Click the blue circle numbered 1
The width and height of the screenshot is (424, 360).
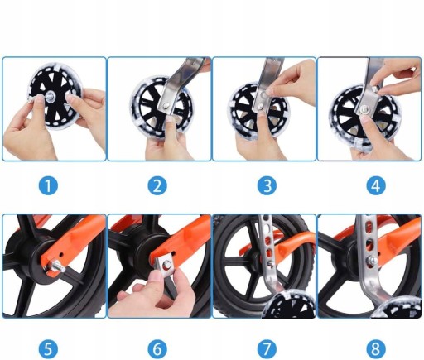(48, 185)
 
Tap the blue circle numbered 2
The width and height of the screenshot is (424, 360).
(157, 185)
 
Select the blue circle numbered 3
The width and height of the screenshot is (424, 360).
(267, 185)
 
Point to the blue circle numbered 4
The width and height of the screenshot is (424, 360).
(376, 185)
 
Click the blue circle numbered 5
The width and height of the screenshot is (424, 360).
(48, 348)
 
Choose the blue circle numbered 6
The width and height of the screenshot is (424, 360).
(157, 348)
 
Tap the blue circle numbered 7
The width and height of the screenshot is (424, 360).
(267, 348)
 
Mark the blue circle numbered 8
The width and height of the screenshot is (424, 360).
(376, 348)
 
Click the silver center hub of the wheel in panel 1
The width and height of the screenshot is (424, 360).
(51, 96)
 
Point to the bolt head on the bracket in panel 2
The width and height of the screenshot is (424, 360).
(166, 105)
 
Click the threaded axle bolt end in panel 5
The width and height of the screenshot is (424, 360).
(58, 267)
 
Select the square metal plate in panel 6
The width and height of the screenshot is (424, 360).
(166, 267)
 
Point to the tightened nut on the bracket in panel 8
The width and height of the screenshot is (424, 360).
(371, 261)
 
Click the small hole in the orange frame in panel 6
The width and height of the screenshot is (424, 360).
(174, 252)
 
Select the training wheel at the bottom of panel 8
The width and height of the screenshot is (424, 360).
(397, 311)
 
